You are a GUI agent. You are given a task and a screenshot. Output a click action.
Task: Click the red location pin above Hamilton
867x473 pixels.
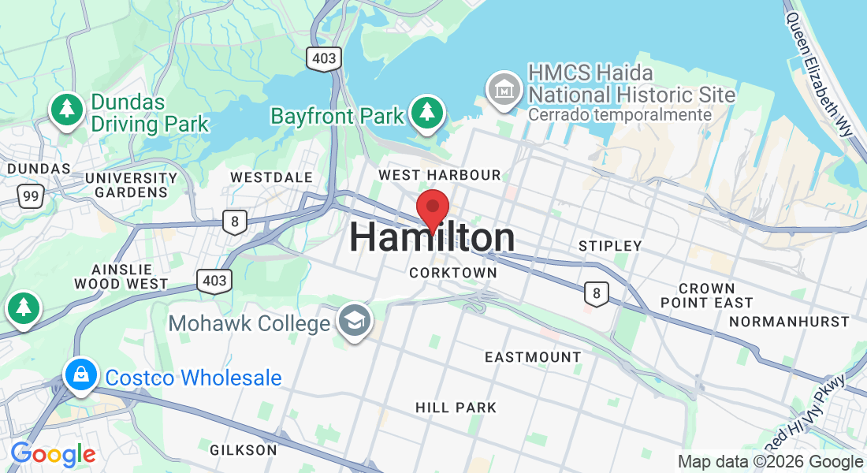click(x=433, y=209)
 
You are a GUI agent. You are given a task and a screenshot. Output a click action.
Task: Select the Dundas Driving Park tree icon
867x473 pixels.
click(x=68, y=110)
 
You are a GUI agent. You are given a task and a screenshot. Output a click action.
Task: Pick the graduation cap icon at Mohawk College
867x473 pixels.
click(x=354, y=322)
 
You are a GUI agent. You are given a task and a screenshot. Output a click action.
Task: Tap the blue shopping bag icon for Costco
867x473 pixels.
click(x=82, y=375)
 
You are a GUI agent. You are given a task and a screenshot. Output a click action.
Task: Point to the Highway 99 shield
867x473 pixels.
click(x=31, y=196)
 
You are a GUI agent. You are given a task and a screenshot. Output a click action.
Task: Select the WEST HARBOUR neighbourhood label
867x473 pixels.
click(x=440, y=174)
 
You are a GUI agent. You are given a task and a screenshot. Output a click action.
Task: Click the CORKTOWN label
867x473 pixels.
click(x=453, y=273)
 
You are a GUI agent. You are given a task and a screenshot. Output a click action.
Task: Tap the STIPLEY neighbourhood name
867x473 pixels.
click(x=610, y=246)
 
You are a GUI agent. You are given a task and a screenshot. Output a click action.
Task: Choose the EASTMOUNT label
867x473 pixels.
click(x=533, y=357)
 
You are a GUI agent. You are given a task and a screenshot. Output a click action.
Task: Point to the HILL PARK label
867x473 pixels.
click(x=456, y=408)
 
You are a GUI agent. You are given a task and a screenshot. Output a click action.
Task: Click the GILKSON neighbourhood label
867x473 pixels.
click(x=244, y=450)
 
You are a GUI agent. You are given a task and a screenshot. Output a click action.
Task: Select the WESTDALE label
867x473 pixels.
click(x=271, y=177)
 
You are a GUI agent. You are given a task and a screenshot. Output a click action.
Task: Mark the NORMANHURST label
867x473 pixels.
click(x=789, y=322)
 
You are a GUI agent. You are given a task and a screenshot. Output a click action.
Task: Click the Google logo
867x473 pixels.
click(x=53, y=454)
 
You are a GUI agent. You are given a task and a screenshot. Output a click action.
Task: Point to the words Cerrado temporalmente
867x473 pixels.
click(x=620, y=115)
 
